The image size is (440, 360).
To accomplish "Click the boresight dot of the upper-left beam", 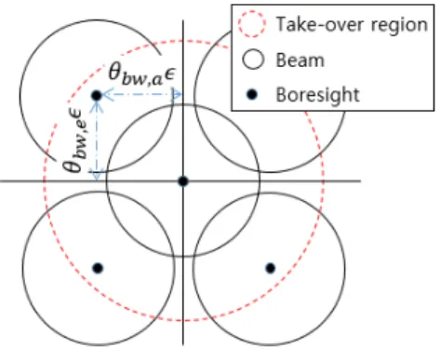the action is pos(97,96).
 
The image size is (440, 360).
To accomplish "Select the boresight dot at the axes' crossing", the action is pos(183,181).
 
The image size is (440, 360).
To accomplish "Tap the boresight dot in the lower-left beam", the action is pos(98,268).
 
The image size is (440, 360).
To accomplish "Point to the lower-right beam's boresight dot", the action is pos(271,268).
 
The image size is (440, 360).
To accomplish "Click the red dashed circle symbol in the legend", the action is pos(252,24).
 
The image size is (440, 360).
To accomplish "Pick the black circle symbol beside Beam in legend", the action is pos(253,60).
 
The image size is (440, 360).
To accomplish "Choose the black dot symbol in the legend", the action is pos(252,94).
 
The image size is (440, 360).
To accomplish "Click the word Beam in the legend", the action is pos(300,60).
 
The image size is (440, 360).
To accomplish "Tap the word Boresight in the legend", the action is pos(318,95).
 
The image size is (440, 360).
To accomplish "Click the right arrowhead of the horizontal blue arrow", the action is pos(178,94).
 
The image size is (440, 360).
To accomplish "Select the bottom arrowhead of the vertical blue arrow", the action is pos(97,176).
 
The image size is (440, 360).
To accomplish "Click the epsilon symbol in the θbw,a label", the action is pos(169,75).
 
